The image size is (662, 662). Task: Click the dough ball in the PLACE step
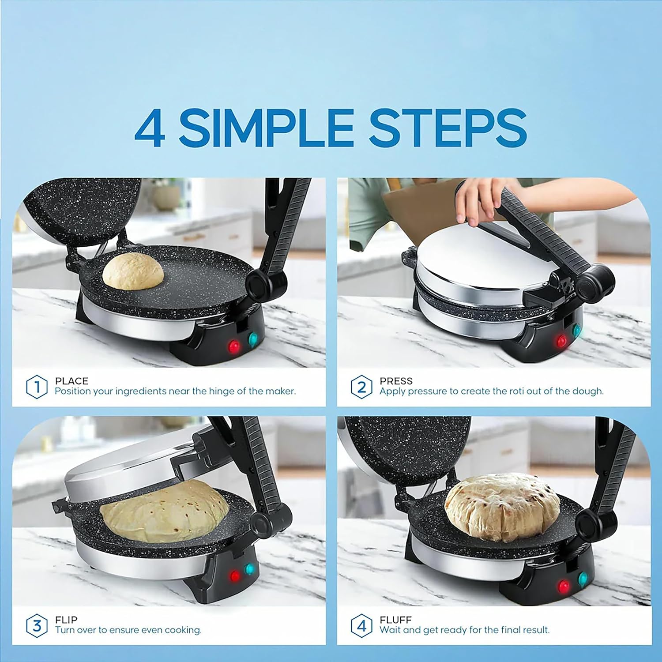(x=133, y=272)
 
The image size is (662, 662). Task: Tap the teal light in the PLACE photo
(x=253, y=339)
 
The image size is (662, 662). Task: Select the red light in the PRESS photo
(x=562, y=340)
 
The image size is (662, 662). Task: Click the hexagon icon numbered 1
(x=37, y=387)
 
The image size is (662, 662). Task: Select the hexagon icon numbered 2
(x=361, y=387)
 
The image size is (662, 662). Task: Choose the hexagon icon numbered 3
(x=37, y=625)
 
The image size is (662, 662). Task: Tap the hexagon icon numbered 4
(x=361, y=625)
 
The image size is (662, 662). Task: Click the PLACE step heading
(x=71, y=381)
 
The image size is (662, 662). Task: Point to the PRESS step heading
(x=396, y=381)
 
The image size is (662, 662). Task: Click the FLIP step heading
(x=66, y=620)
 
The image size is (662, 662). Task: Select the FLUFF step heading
(x=395, y=620)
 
